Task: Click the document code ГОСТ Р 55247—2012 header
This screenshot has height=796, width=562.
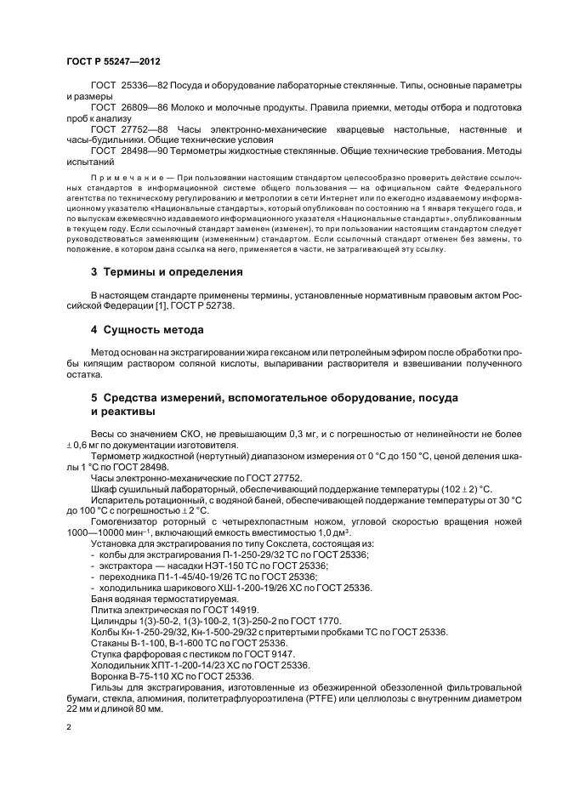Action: [113, 62]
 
